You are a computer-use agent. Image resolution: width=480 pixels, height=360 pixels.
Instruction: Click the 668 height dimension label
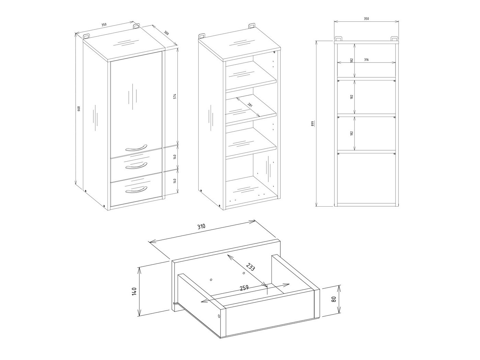tap(79, 109)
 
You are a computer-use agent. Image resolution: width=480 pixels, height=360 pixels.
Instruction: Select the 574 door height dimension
tap(175, 96)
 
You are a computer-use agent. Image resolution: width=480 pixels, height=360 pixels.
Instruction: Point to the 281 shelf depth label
tap(250, 105)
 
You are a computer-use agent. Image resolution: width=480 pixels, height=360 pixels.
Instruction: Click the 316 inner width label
tap(366, 60)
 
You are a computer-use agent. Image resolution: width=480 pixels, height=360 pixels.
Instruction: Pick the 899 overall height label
tap(312, 123)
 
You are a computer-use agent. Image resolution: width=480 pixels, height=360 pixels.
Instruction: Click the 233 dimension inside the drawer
tap(250, 267)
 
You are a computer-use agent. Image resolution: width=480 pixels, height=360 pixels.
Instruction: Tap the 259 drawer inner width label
tap(244, 288)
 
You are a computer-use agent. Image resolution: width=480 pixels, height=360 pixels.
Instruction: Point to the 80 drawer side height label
tap(333, 299)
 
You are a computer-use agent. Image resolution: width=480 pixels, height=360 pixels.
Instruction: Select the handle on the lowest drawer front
tap(136, 190)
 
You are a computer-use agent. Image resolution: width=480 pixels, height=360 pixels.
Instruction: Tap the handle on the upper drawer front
tap(136, 166)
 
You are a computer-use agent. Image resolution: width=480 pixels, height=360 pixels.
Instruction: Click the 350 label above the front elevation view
tap(366, 19)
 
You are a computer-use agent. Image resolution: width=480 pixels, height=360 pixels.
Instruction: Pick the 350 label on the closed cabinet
tap(104, 25)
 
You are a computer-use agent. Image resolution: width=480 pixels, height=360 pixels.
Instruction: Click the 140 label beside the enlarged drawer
tap(134, 291)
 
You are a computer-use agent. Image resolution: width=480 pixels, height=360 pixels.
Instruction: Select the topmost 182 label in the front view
tap(351, 60)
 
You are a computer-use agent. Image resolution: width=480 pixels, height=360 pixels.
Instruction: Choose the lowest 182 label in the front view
tap(351, 133)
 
